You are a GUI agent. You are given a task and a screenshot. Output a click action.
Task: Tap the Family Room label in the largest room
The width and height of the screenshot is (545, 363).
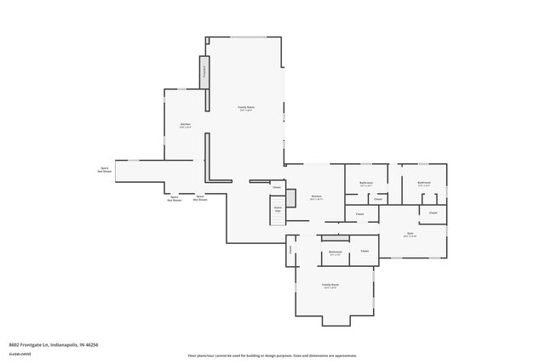[247, 108]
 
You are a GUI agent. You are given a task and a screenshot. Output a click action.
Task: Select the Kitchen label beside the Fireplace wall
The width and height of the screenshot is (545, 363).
[185, 126]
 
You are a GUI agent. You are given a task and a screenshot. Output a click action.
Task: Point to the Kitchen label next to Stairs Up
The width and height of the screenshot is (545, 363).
[316, 197]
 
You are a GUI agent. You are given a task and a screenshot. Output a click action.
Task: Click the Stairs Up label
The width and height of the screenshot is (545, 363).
[278, 207]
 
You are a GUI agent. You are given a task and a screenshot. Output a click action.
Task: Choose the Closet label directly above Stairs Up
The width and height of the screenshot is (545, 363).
[277, 186]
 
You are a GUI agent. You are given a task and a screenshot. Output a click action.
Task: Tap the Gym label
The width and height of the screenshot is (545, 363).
[410, 234]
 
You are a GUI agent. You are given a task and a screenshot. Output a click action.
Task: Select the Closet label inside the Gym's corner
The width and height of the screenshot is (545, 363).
[433, 213]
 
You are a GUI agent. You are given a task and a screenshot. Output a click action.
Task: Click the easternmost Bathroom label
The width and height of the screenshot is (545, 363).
[423, 183]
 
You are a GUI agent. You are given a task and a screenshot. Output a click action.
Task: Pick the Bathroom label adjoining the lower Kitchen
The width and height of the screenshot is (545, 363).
[366, 183]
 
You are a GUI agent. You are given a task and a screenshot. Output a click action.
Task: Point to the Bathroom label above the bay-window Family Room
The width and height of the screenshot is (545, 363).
[336, 252]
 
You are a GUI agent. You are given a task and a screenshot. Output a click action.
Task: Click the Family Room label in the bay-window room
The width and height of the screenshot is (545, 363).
[330, 286]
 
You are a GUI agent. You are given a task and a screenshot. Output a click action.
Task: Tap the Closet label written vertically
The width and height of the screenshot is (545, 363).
[290, 250]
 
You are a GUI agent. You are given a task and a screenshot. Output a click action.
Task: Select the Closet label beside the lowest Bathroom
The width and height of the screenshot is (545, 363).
[364, 252]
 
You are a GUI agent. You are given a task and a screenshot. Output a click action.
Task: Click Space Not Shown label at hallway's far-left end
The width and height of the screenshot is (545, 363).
[104, 170]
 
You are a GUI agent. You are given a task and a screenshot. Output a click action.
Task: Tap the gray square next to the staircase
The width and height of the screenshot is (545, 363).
[290, 197]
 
